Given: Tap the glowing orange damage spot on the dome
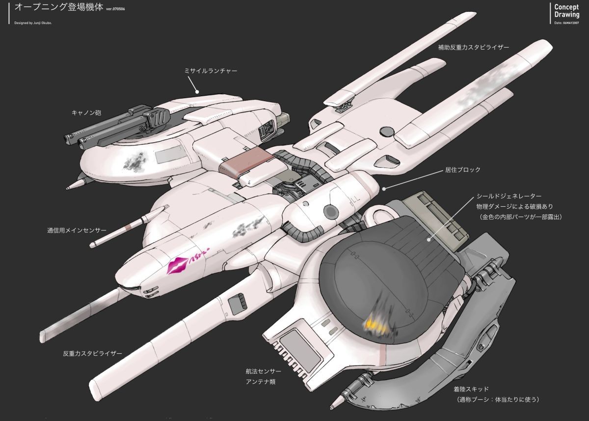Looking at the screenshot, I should point(375,324).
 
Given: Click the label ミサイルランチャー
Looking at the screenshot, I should point(211,71).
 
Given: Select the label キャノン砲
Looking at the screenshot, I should point(86,112).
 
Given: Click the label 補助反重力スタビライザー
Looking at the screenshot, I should point(474,48).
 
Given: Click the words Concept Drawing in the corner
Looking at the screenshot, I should point(566,11).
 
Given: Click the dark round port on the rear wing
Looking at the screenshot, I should point(387,131).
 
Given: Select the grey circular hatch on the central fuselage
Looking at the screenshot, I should point(330,212).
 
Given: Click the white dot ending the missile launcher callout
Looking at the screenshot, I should point(197,91).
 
